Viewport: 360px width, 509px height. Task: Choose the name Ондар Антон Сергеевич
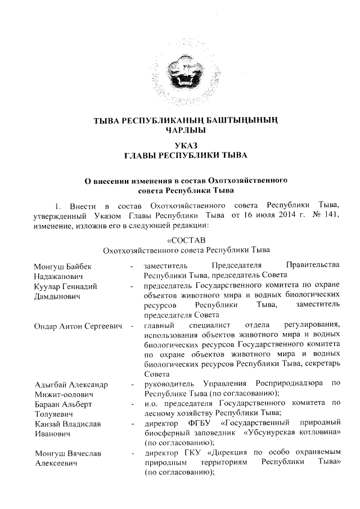coord(79,326)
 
